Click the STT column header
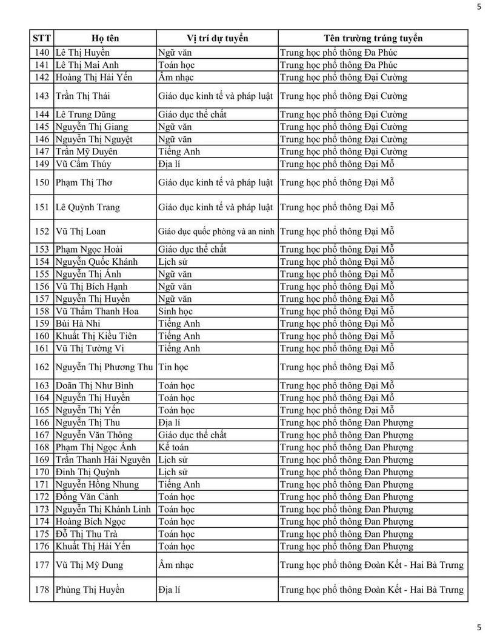click(41, 38)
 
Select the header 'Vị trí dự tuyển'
click(217, 38)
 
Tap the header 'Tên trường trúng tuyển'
click(373, 38)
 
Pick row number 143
click(42, 96)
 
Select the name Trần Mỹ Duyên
click(86, 152)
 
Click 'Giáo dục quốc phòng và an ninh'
click(216, 231)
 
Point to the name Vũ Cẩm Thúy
click(83, 164)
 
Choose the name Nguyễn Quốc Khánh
click(96, 262)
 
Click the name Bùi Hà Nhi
click(78, 324)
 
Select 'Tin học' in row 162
click(173, 367)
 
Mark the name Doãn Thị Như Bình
click(94, 385)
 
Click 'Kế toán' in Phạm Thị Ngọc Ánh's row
click(173, 447)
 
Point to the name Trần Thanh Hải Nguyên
click(102, 460)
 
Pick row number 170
click(42, 472)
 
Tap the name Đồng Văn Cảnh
click(87, 497)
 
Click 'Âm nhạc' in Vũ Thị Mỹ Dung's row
click(175, 565)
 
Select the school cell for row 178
click(372, 590)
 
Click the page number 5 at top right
click(479, 7)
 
